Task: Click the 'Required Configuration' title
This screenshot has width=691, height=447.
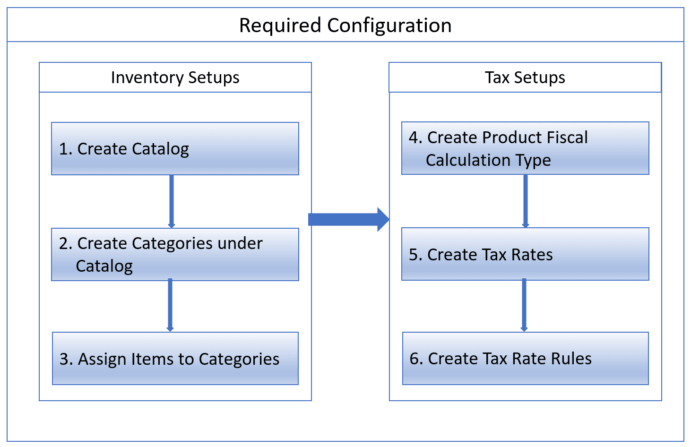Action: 345,26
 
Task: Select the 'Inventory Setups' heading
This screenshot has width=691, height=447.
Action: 175,77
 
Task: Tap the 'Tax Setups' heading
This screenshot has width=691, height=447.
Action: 525,77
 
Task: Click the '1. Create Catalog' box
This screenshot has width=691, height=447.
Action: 175,149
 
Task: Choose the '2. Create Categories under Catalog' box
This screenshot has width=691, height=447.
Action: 175,255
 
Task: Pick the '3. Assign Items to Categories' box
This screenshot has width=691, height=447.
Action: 175,359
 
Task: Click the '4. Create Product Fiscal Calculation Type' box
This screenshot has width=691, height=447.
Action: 525,148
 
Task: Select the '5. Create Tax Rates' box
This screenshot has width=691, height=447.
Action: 525,254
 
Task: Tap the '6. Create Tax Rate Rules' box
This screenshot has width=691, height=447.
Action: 525,359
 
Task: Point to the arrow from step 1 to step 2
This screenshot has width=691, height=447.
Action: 171,201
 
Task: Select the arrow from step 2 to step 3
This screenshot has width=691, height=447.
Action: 170,305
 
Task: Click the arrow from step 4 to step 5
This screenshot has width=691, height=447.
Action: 525,201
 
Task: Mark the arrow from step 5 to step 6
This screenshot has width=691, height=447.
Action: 524,305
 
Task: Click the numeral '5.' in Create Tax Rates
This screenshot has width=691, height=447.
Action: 415,255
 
